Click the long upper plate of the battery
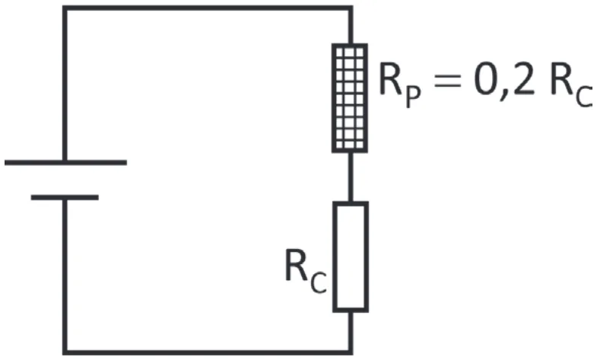click(65, 163)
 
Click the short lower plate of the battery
click(65, 197)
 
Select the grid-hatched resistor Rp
click(350, 98)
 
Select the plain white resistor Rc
click(351, 257)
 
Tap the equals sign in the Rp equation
click(448, 81)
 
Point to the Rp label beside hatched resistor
click(400, 86)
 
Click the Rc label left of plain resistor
click(306, 270)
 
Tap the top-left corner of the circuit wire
click(65, 8)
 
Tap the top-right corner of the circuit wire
click(351, 8)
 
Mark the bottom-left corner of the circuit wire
click(65, 352)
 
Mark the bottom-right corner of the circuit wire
click(351, 352)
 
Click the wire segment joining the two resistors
click(351, 177)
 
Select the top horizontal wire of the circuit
click(208, 8)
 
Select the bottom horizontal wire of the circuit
click(208, 352)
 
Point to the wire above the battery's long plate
click(65, 84)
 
